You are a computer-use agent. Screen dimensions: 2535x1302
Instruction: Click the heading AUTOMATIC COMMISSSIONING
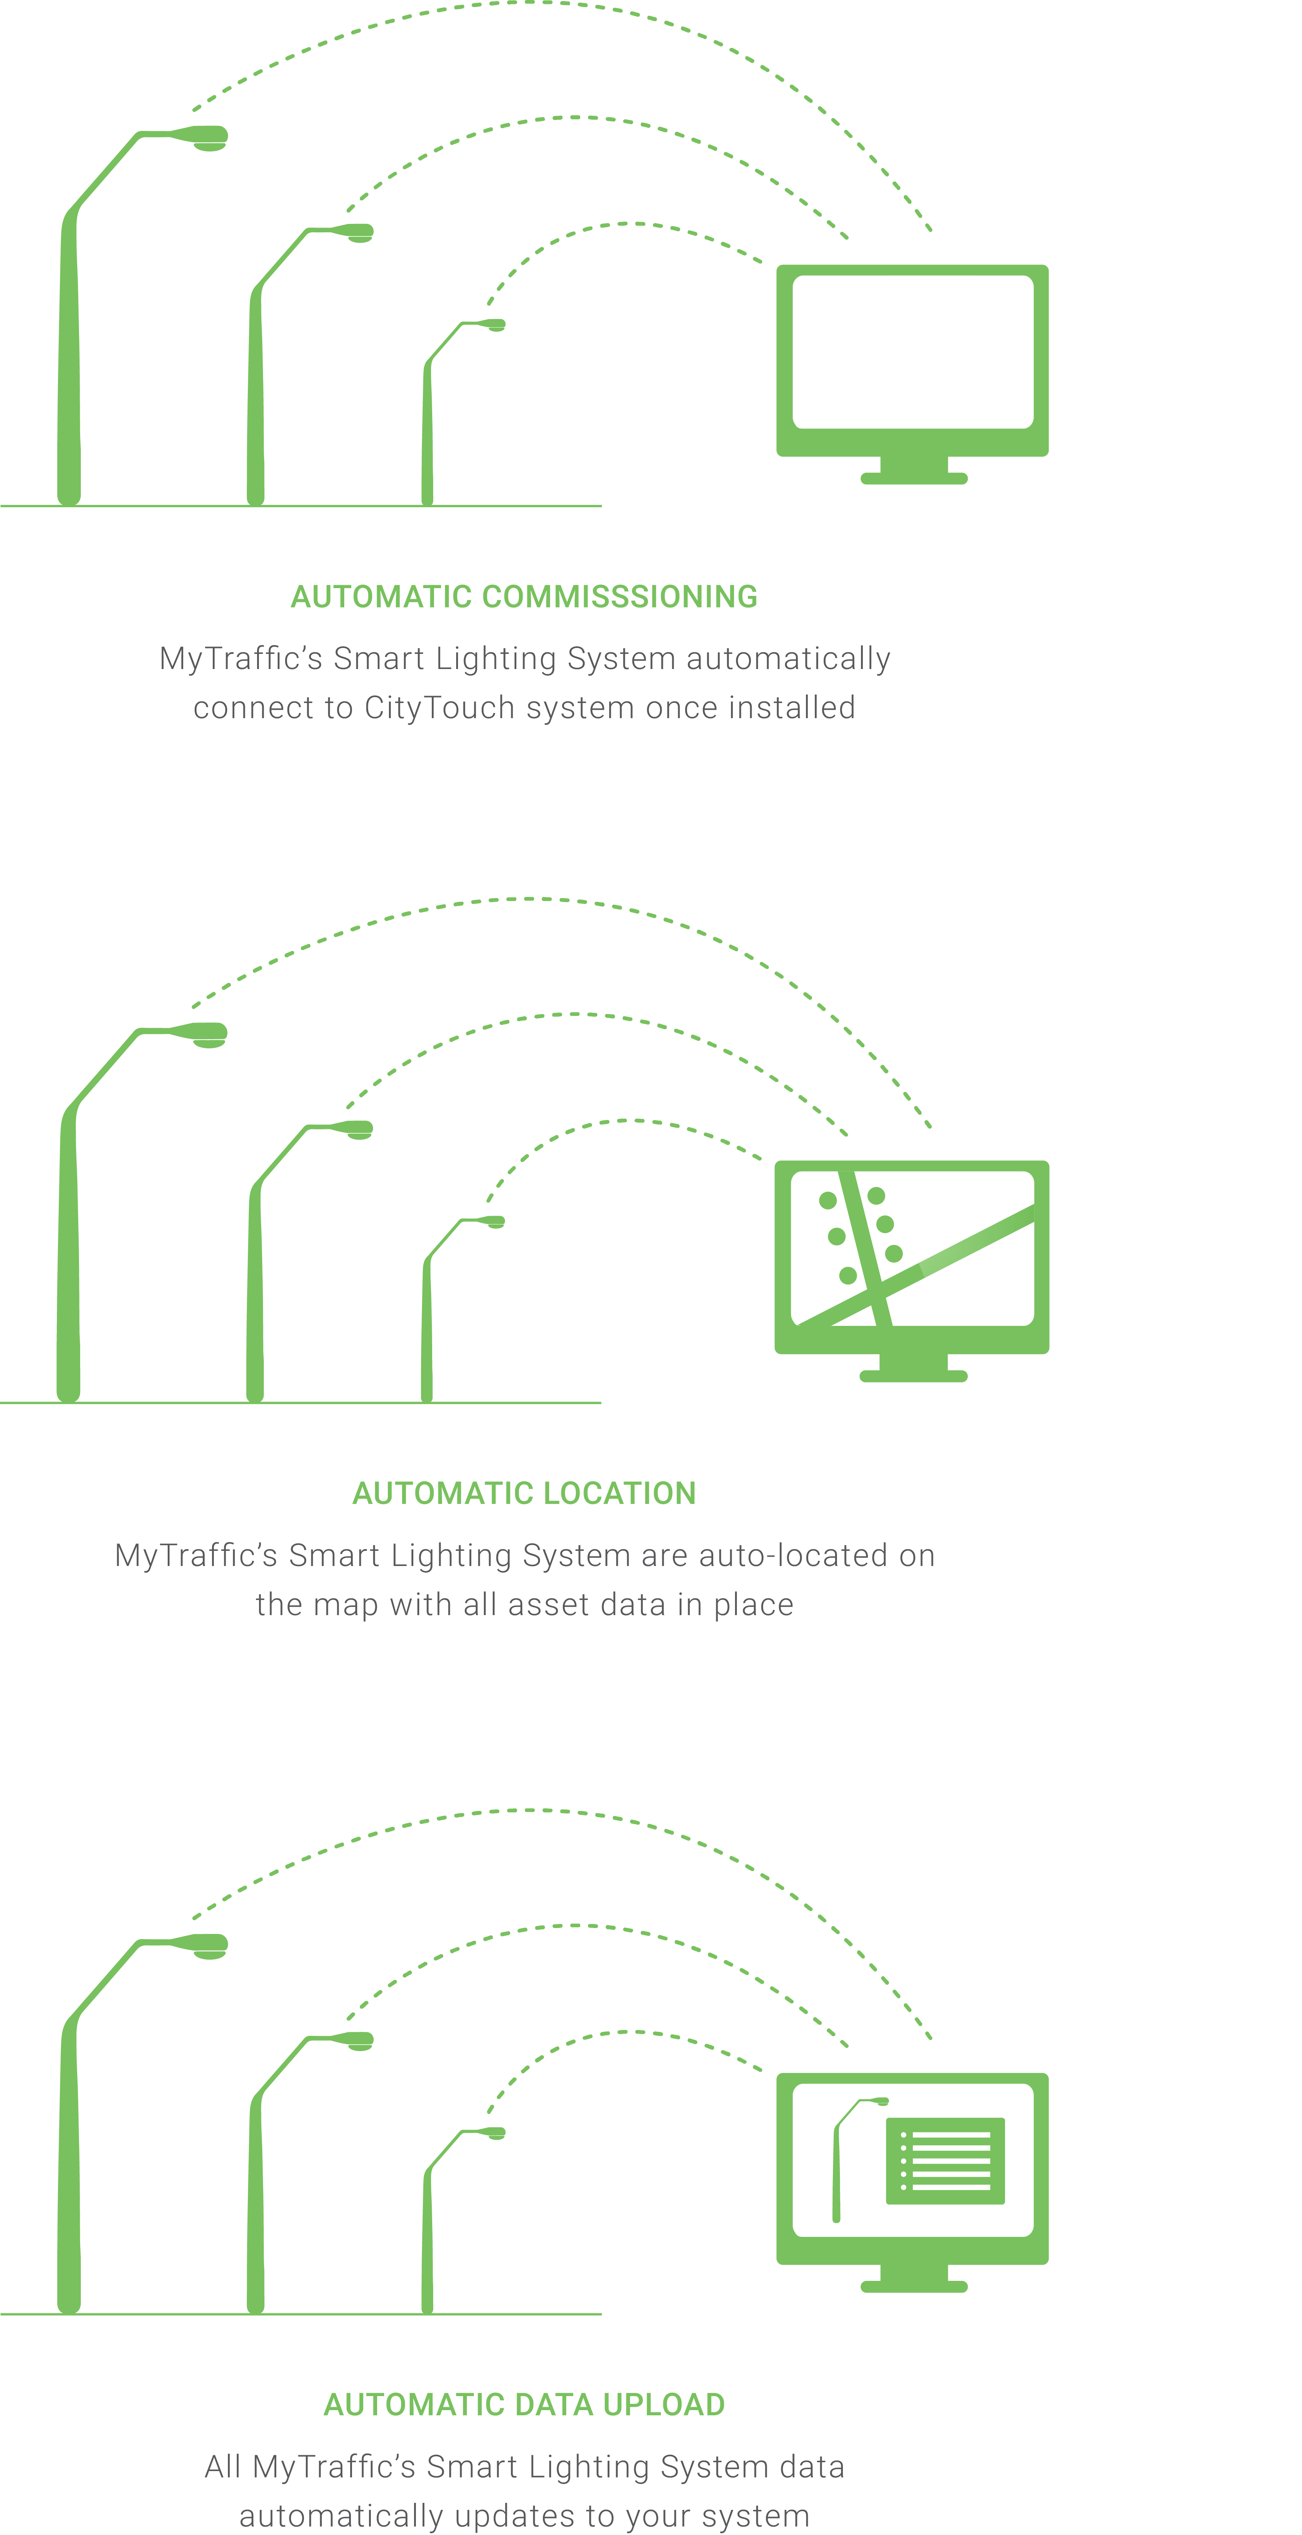[523, 596]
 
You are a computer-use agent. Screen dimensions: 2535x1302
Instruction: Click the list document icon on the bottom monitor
[945, 2161]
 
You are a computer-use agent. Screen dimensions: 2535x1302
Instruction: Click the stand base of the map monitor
[913, 1376]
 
